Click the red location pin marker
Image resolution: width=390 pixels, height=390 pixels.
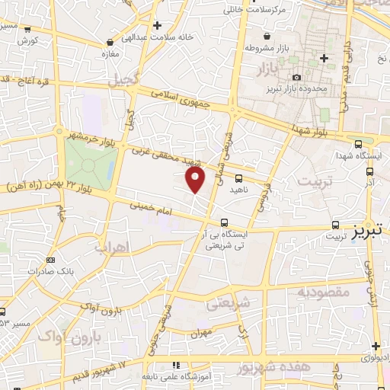coord(196,180)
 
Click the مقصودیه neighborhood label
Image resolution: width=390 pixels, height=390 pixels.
coord(323,292)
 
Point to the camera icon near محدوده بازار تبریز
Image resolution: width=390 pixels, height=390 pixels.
coord(296,78)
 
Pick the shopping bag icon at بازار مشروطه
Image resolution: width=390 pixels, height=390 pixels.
coord(265,36)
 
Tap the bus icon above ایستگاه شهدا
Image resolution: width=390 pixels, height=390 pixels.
coord(358,142)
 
